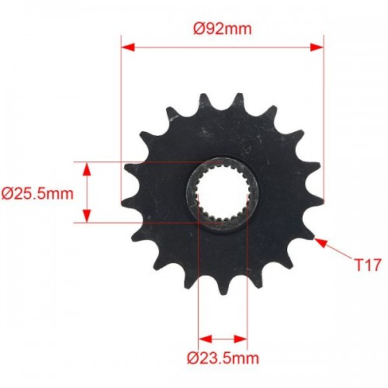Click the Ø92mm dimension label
pyautogui.click(x=223, y=29)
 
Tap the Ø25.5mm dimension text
pyautogui.click(x=37, y=194)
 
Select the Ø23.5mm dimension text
pyautogui.click(x=223, y=359)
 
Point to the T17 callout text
pyautogui.click(x=368, y=265)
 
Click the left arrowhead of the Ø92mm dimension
pyautogui.click(x=128, y=47)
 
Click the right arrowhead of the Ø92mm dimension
pyautogui.click(x=317, y=47)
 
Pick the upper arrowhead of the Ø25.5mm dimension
pyautogui.click(x=87, y=169)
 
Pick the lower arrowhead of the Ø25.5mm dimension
pyautogui.click(x=87, y=216)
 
